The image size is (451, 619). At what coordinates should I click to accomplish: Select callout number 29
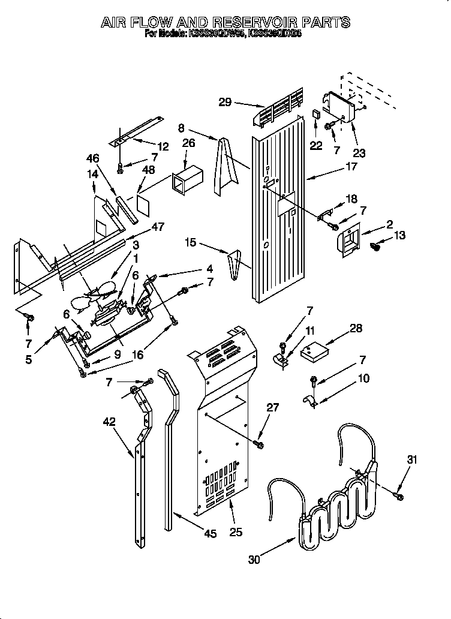click(225, 102)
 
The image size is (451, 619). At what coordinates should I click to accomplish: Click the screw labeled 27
click(259, 444)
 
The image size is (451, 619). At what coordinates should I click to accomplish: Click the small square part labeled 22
click(316, 114)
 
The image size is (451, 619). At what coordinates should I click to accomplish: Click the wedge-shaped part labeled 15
click(236, 261)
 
